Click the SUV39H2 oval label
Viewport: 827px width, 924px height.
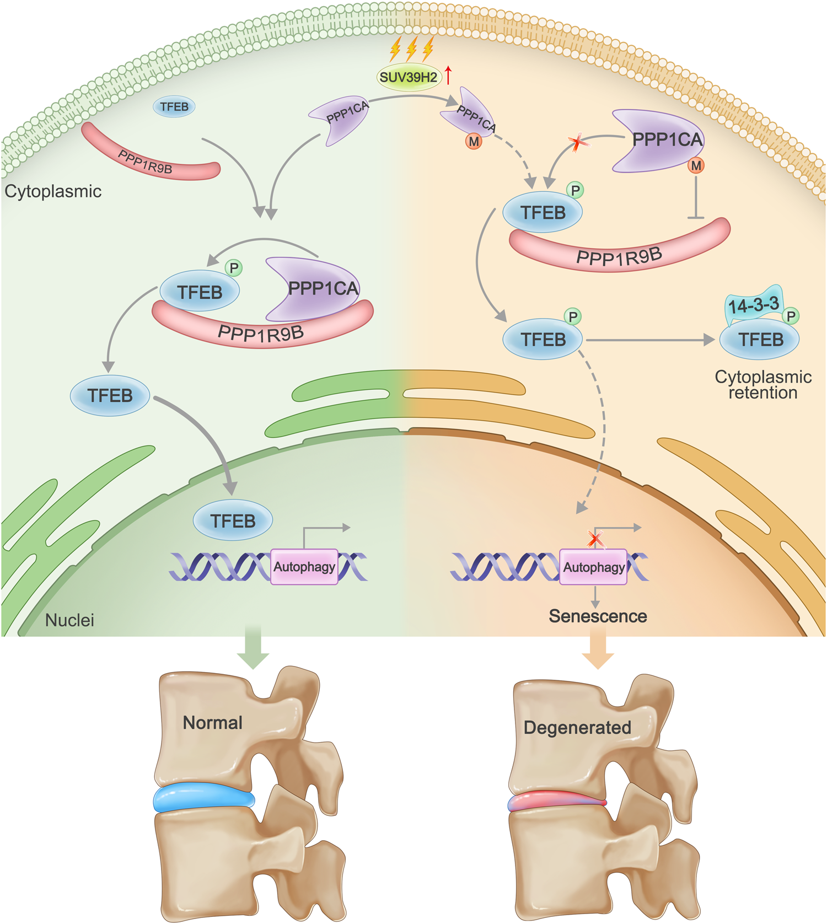point(408,77)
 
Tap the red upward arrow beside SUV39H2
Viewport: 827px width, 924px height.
point(449,74)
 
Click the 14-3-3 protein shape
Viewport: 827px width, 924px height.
point(753,305)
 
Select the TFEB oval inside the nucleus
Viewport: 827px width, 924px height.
point(233,520)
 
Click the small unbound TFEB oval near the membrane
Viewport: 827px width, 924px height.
point(174,107)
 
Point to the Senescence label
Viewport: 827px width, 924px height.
point(598,616)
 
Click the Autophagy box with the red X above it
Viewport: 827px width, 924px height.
point(593,567)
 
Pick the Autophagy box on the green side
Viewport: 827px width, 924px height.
point(304,567)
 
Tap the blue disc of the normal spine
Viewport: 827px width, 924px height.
point(203,798)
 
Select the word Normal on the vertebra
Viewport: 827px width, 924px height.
point(212,722)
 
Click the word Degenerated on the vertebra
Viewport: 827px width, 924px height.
point(577,727)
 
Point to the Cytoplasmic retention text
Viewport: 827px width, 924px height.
point(762,384)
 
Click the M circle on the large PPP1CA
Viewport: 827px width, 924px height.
point(696,165)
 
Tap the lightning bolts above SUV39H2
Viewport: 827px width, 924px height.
point(411,49)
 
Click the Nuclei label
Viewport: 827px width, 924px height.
point(69,620)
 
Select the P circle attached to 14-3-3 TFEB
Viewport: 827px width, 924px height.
point(791,316)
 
